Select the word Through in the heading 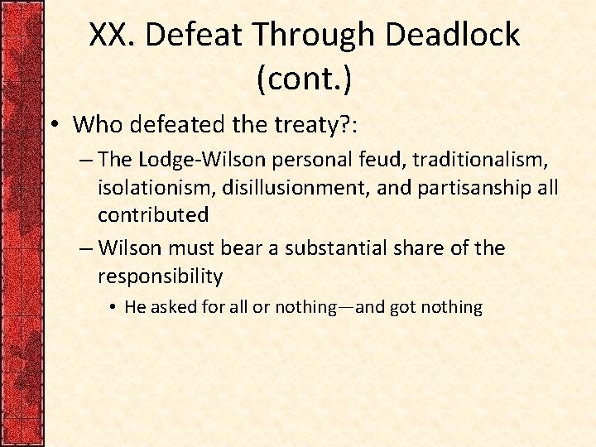302,35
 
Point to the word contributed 153,214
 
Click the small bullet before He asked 112,307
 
